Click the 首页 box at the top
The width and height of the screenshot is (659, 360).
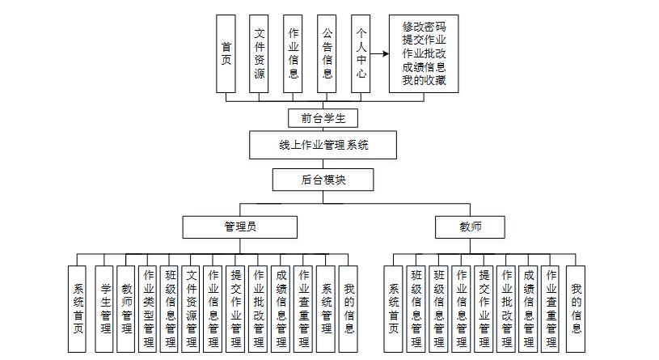pos(226,53)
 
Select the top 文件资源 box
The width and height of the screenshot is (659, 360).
pos(260,53)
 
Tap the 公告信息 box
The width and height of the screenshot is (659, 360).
pos(327,53)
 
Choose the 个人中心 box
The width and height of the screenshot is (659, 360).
pos(361,53)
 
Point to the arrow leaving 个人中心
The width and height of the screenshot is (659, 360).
pos(379,53)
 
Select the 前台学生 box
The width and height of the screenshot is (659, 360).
pos(323,118)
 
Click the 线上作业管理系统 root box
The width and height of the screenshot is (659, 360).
pos(323,146)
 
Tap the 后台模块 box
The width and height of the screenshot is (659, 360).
pos(323,180)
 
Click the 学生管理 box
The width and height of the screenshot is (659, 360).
pos(104,308)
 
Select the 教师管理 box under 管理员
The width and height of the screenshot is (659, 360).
pos(126,308)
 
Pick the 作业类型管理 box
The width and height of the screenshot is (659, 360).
pos(148,308)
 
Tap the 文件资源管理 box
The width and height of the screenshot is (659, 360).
pos(192,308)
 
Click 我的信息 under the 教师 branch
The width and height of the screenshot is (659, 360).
pos(576,308)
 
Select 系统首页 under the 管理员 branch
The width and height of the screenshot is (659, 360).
pos(78,308)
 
